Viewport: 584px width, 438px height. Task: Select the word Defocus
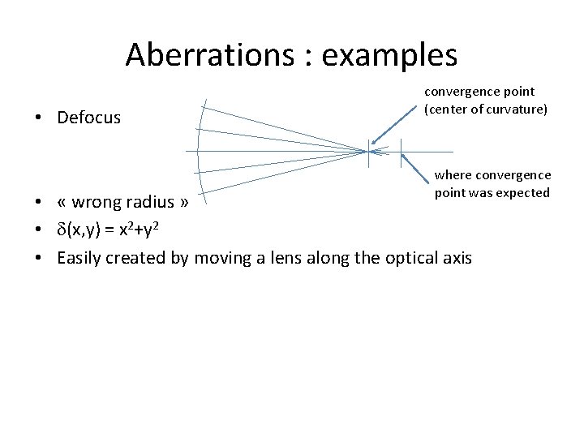(x=88, y=118)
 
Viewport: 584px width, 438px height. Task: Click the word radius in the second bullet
(x=148, y=202)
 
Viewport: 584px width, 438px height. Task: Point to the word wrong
(x=97, y=202)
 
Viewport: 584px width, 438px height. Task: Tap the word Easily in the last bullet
(x=79, y=259)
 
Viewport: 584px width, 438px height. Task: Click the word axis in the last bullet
(x=455, y=259)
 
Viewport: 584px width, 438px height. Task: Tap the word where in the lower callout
(x=453, y=175)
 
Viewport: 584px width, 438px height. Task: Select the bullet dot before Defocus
(x=38, y=118)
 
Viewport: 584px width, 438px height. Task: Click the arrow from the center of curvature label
(x=397, y=131)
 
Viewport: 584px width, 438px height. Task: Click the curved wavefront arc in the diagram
(x=198, y=151)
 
